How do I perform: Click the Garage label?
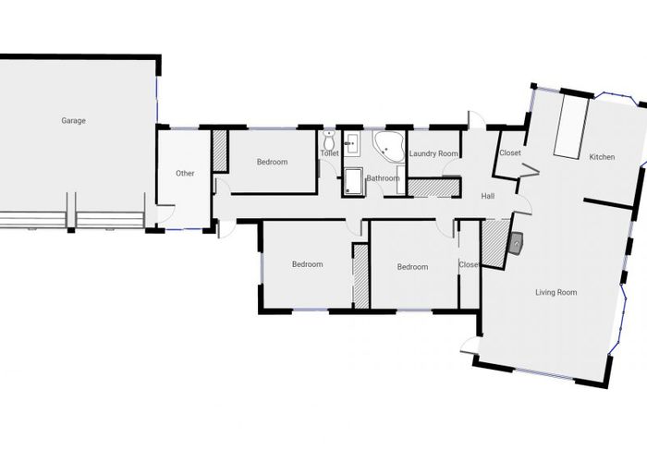(x=74, y=120)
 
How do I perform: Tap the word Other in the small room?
(x=185, y=173)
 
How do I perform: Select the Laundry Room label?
(x=433, y=153)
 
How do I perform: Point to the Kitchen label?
(x=602, y=157)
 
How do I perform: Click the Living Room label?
(x=555, y=293)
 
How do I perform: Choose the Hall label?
(x=488, y=196)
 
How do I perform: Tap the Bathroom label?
(x=383, y=178)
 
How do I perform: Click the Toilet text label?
(x=330, y=153)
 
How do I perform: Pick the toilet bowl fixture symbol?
(x=328, y=141)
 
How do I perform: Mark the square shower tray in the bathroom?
(x=353, y=182)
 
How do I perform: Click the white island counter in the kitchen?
(x=568, y=128)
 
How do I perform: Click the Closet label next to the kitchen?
(x=510, y=153)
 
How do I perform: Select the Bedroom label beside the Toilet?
(x=272, y=163)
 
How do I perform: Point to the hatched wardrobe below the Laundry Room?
(x=434, y=185)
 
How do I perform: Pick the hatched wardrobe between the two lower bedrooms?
(x=360, y=274)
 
